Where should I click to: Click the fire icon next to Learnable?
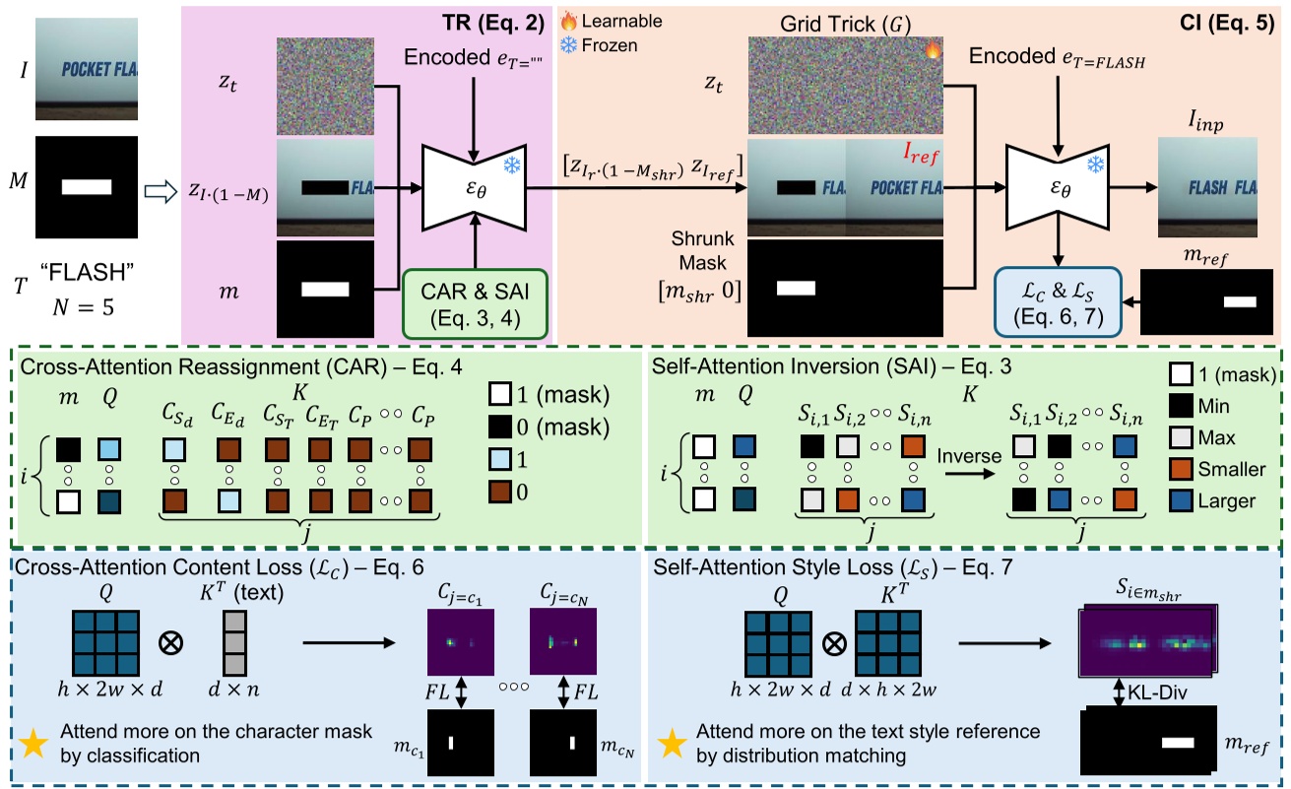point(568,21)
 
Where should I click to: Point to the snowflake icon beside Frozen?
point(568,45)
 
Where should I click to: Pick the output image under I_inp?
point(1209,185)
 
